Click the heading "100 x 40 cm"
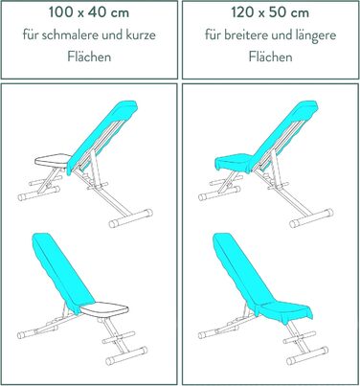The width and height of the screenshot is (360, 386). pyautogui.click(x=89, y=12)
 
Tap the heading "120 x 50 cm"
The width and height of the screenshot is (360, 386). pyautogui.click(x=270, y=12)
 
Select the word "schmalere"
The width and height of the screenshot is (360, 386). pyautogui.click(x=70, y=34)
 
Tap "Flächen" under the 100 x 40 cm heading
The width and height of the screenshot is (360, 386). pyautogui.click(x=89, y=57)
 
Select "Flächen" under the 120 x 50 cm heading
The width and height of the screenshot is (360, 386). pyautogui.click(x=270, y=57)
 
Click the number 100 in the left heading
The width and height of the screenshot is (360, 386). pyautogui.click(x=59, y=12)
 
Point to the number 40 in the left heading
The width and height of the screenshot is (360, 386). pyautogui.click(x=97, y=12)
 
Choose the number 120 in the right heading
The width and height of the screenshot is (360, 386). pyautogui.click(x=242, y=12)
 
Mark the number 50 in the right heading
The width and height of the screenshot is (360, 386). pyautogui.click(x=280, y=12)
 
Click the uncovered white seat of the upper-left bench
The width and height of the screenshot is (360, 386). pyautogui.click(x=53, y=160)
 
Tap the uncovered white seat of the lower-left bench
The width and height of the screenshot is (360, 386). pyautogui.click(x=105, y=309)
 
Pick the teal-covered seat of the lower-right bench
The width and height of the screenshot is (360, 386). pyautogui.click(x=286, y=309)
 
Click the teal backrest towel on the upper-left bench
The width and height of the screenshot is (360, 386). pyautogui.click(x=102, y=137)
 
